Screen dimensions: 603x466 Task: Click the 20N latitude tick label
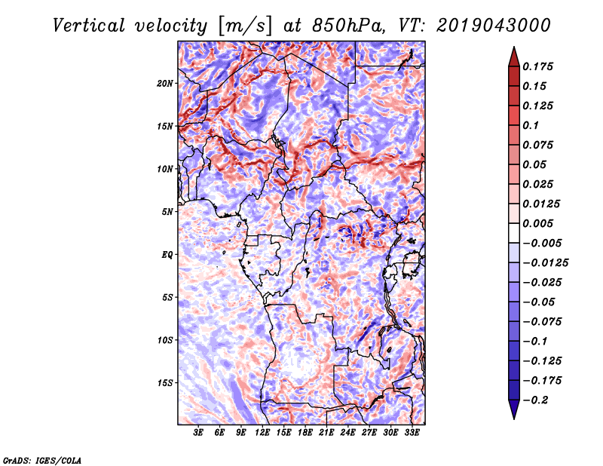pos(164,84)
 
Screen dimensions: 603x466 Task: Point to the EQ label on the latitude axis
pos(167,255)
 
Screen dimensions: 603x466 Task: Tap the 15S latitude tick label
pos(164,383)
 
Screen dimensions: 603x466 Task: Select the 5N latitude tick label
pos(167,212)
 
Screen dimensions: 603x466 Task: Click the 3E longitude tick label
pos(198,433)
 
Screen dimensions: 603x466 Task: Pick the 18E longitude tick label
pos(305,433)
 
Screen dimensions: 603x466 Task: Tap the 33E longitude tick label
pos(412,433)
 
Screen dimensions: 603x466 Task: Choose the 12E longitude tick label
pos(262,433)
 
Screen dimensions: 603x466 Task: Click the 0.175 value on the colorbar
pos(537,66)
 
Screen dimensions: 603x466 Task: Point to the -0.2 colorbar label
pos(536,400)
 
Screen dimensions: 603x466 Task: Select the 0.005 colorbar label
pos(537,223)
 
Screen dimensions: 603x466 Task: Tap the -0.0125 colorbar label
pos(545,263)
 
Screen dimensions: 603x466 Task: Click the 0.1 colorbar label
pos(531,125)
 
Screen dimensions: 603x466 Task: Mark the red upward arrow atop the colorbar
pos(514,57)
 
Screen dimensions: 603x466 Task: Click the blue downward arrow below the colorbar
pos(514,409)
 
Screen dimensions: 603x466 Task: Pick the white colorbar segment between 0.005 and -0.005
pos(514,233)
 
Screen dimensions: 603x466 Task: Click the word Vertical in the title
pos(89,26)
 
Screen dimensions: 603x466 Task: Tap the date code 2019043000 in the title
pos(494,26)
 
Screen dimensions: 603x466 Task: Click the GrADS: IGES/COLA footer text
pos(42,460)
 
